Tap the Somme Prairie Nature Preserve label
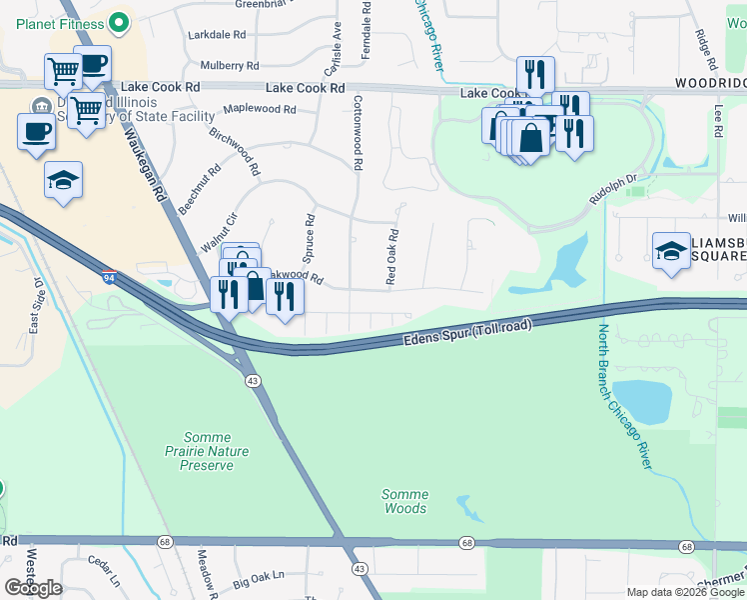(x=208, y=451)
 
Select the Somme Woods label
(x=404, y=501)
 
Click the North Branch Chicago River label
(x=626, y=396)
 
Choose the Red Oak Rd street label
(x=393, y=258)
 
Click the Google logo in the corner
(x=33, y=587)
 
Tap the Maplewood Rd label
(x=260, y=109)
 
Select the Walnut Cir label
(x=219, y=233)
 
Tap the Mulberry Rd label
(x=230, y=65)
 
